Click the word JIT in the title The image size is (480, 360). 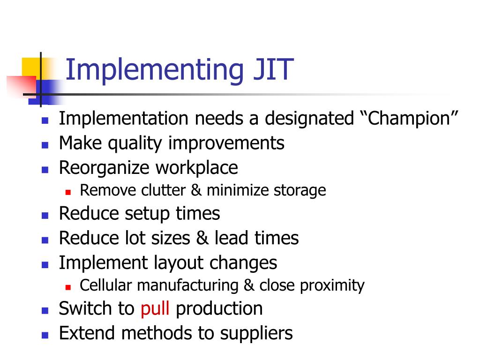[269, 70]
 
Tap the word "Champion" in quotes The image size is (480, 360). [408, 119]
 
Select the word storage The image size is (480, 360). [300, 190]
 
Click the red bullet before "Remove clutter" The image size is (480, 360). [68, 191]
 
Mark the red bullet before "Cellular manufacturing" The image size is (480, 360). [68, 286]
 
